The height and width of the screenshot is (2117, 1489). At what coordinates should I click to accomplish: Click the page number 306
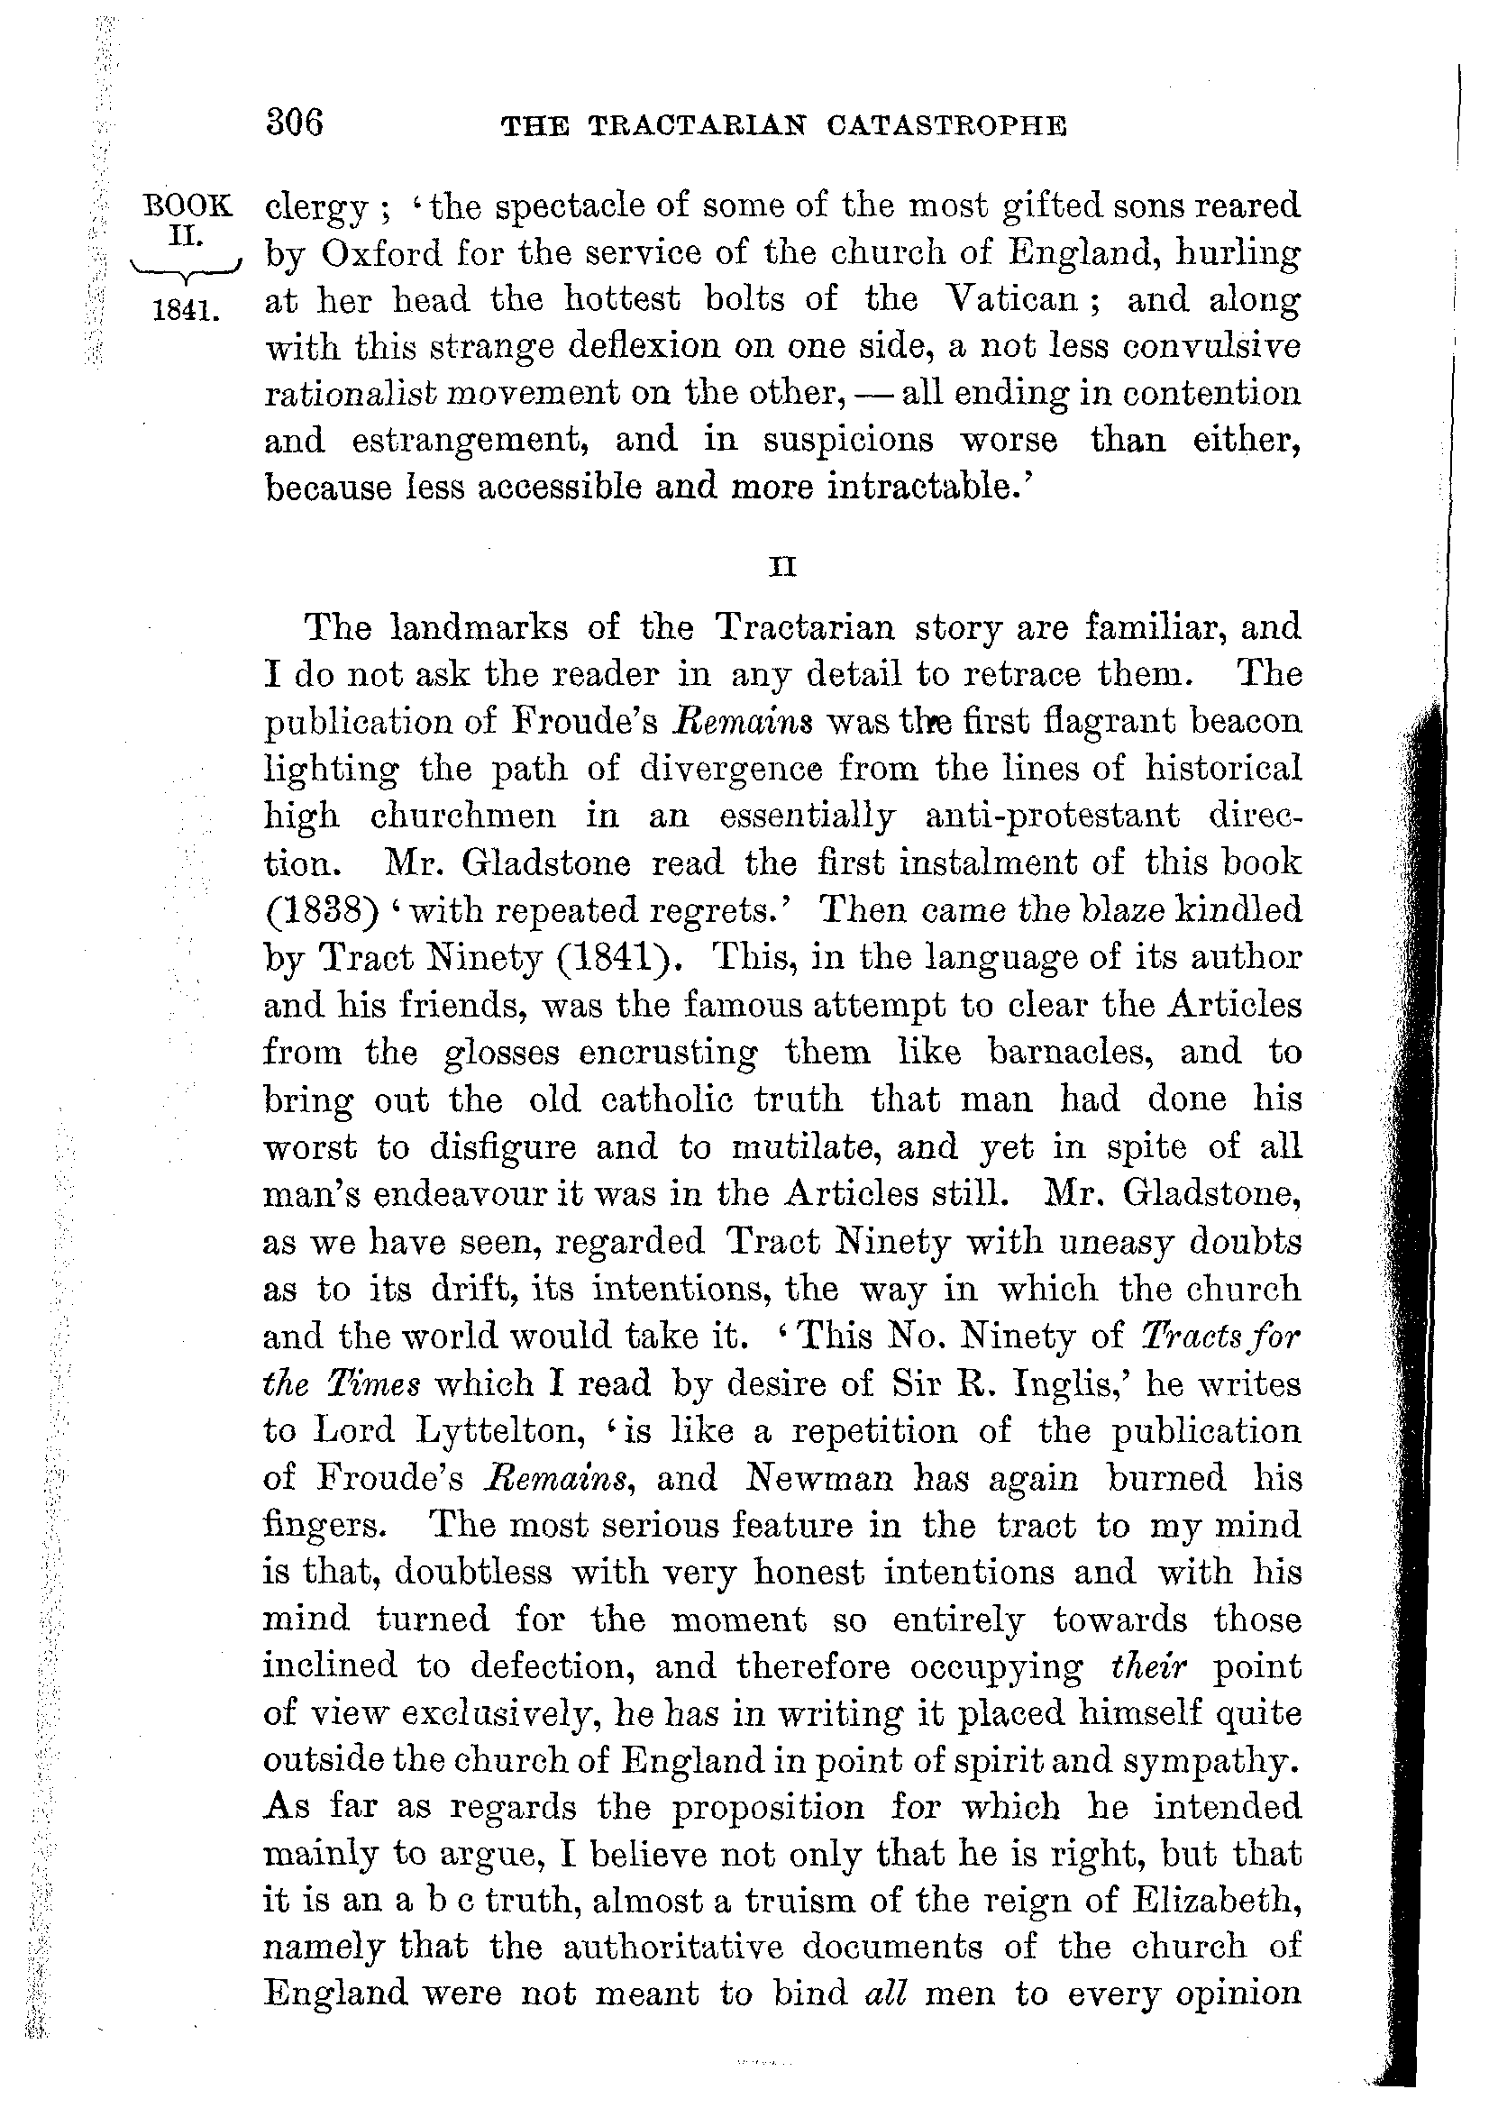[294, 123]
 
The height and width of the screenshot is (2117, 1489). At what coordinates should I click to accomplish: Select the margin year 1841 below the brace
[187, 311]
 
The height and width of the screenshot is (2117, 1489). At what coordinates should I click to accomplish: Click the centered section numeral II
[782, 568]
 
